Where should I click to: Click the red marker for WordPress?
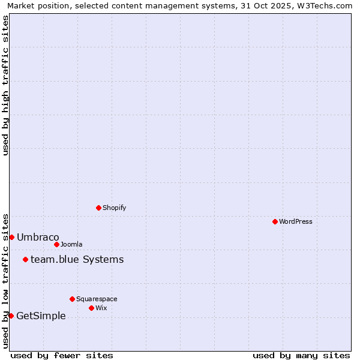coord(275,221)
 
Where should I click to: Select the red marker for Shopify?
coord(98,208)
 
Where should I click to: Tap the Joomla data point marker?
coord(56,244)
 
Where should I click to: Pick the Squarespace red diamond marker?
coord(72,299)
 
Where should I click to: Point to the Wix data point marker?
coord(91,308)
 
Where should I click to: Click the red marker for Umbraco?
coord(11,237)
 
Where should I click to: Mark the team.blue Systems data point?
coord(25,259)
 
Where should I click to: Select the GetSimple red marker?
coord(11,316)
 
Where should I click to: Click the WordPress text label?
coord(296,221)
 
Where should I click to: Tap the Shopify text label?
coord(114,208)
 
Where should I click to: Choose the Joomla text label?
coord(71,244)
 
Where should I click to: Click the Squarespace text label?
coord(97,299)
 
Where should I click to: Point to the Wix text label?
coord(101,308)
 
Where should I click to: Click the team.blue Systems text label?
coord(77,259)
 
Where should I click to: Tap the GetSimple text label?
coord(41,316)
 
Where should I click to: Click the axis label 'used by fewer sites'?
coord(62,355)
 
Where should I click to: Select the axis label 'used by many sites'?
coord(301,355)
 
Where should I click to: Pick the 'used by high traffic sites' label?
coord(5,85)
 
